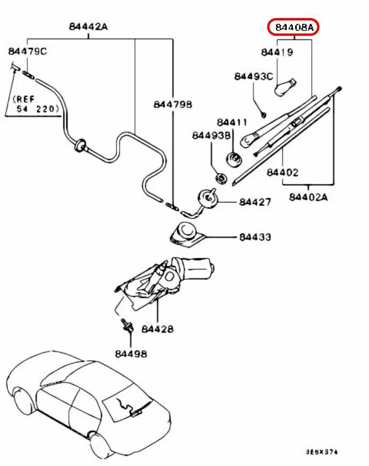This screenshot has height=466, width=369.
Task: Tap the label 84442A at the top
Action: point(88,27)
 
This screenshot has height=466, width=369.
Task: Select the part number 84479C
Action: point(27,51)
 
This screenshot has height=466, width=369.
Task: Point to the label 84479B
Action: point(173,104)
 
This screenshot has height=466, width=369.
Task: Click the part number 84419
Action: point(277,52)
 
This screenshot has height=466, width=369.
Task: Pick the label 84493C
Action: point(254,77)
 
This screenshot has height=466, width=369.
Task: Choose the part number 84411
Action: point(232,122)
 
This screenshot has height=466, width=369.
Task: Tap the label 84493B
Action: point(211,135)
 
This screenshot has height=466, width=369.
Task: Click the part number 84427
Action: point(255,201)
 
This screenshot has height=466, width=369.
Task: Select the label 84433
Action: point(255,237)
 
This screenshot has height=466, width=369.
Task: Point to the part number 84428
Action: point(158,329)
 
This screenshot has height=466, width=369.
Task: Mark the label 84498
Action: point(131,354)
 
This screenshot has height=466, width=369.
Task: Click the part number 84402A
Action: point(308,197)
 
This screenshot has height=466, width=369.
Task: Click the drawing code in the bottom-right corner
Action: point(321,452)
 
